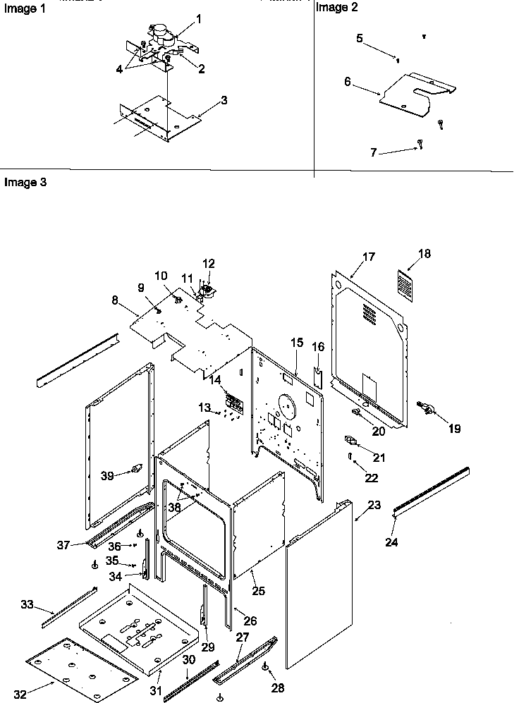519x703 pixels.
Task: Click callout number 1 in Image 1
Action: pyautogui.click(x=198, y=19)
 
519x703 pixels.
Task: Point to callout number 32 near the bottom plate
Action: pyautogui.click(x=20, y=694)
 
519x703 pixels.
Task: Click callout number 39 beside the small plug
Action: pyautogui.click(x=106, y=476)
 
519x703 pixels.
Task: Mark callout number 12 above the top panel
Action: pyautogui.click(x=209, y=264)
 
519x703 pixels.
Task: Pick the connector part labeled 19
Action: pyautogui.click(x=425, y=406)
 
